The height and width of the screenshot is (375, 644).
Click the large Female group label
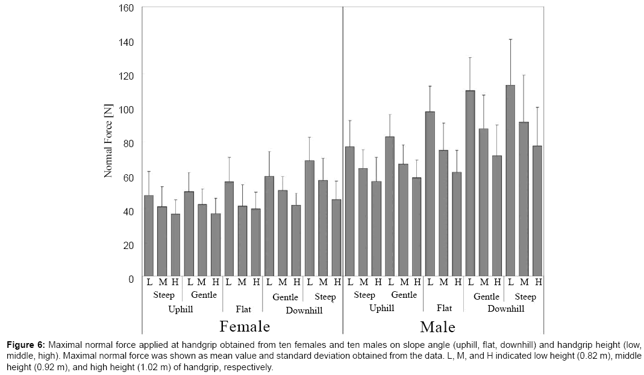click(x=244, y=326)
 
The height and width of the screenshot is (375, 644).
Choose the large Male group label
click(x=437, y=327)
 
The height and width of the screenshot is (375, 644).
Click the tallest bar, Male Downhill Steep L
click(x=510, y=181)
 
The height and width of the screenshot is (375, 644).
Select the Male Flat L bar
click(x=430, y=194)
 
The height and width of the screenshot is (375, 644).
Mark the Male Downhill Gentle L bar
click(x=470, y=184)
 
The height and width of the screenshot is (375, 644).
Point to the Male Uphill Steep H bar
click(x=377, y=228)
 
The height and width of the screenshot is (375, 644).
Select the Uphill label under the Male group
click(x=381, y=308)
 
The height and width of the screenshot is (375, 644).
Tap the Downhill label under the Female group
click(x=304, y=310)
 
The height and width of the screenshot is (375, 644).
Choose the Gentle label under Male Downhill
click(x=486, y=297)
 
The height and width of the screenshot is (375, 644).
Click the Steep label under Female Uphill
click(x=164, y=295)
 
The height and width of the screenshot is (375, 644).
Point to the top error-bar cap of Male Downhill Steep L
click(x=510, y=39)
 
